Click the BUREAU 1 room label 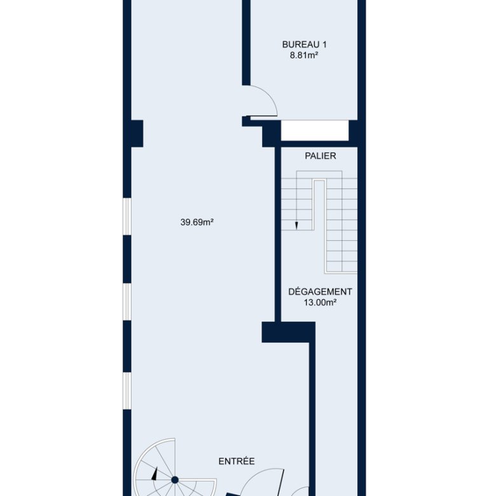click(305, 45)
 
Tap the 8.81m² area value click(304, 55)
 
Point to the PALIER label click(320, 156)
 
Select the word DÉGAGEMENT click(320, 291)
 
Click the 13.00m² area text click(320, 303)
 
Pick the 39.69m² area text click(196, 223)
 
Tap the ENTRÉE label click(237, 461)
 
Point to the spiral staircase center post click(175, 480)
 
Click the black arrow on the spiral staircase click(155, 474)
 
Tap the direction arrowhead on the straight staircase click(296, 225)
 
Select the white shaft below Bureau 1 click(315, 130)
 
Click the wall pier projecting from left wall click(137, 134)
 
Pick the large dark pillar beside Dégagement click(288, 332)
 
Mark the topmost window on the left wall click(127, 217)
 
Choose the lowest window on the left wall click(127, 391)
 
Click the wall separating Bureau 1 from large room click(246, 43)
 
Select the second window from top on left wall click(127, 302)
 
